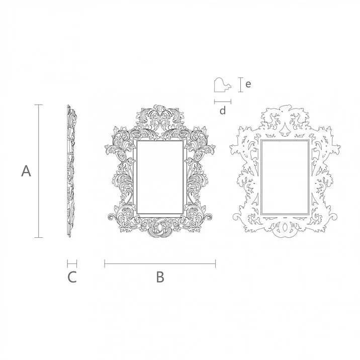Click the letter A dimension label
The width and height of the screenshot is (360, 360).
click(x=26, y=171)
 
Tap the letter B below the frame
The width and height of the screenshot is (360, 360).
click(x=160, y=277)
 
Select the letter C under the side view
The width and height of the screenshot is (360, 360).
click(x=72, y=277)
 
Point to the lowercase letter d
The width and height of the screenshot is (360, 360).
click(x=223, y=111)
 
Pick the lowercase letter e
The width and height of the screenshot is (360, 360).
click(x=248, y=84)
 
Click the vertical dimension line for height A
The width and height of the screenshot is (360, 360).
click(x=38, y=171)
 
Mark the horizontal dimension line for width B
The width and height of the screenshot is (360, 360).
click(x=160, y=263)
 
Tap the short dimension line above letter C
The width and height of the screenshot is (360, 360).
click(x=72, y=263)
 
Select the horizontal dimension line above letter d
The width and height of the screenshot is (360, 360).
click(x=223, y=101)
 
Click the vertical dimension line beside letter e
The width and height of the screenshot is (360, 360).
click(x=239, y=84)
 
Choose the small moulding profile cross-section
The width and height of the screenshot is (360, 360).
click(x=222, y=85)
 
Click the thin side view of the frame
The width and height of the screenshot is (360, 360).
click(x=70, y=171)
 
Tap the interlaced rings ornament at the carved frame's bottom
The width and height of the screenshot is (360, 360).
click(x=160, y=227)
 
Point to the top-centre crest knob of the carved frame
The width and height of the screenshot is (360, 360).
click(x=160, y=107)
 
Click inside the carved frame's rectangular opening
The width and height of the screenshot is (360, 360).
click(x=160, y=176)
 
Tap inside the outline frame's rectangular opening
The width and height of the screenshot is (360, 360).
click(x=284, y=176)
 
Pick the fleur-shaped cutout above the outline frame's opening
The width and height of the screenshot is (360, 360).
click(x=285, y=130)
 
